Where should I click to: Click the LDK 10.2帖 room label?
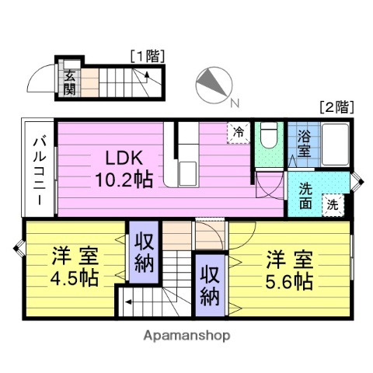tap(122, 168)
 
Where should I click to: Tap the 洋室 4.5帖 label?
tap(75, 267)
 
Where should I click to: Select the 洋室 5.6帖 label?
tap(290, 269)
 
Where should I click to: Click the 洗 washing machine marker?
tap(333, 206)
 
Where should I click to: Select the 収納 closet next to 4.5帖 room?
tap(145, 250)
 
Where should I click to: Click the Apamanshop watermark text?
tap(186, 336)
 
